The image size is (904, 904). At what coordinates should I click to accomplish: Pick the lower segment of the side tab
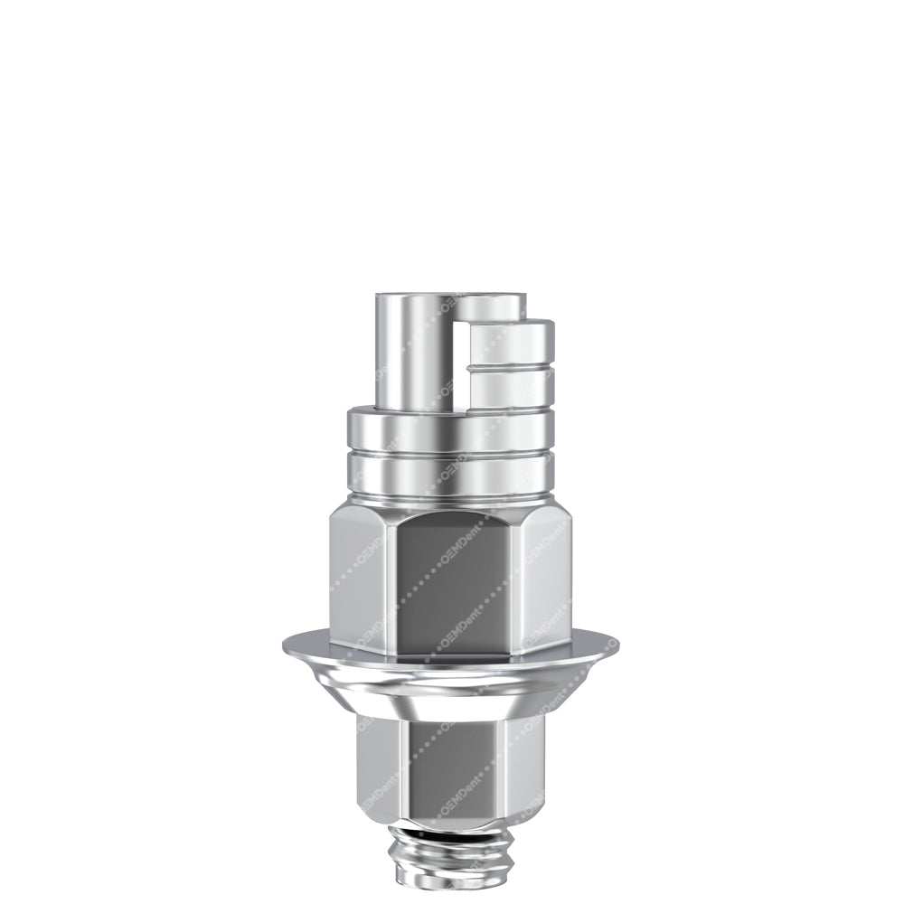coord(511,387)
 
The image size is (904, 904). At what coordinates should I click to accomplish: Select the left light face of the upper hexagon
coord(362,579)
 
